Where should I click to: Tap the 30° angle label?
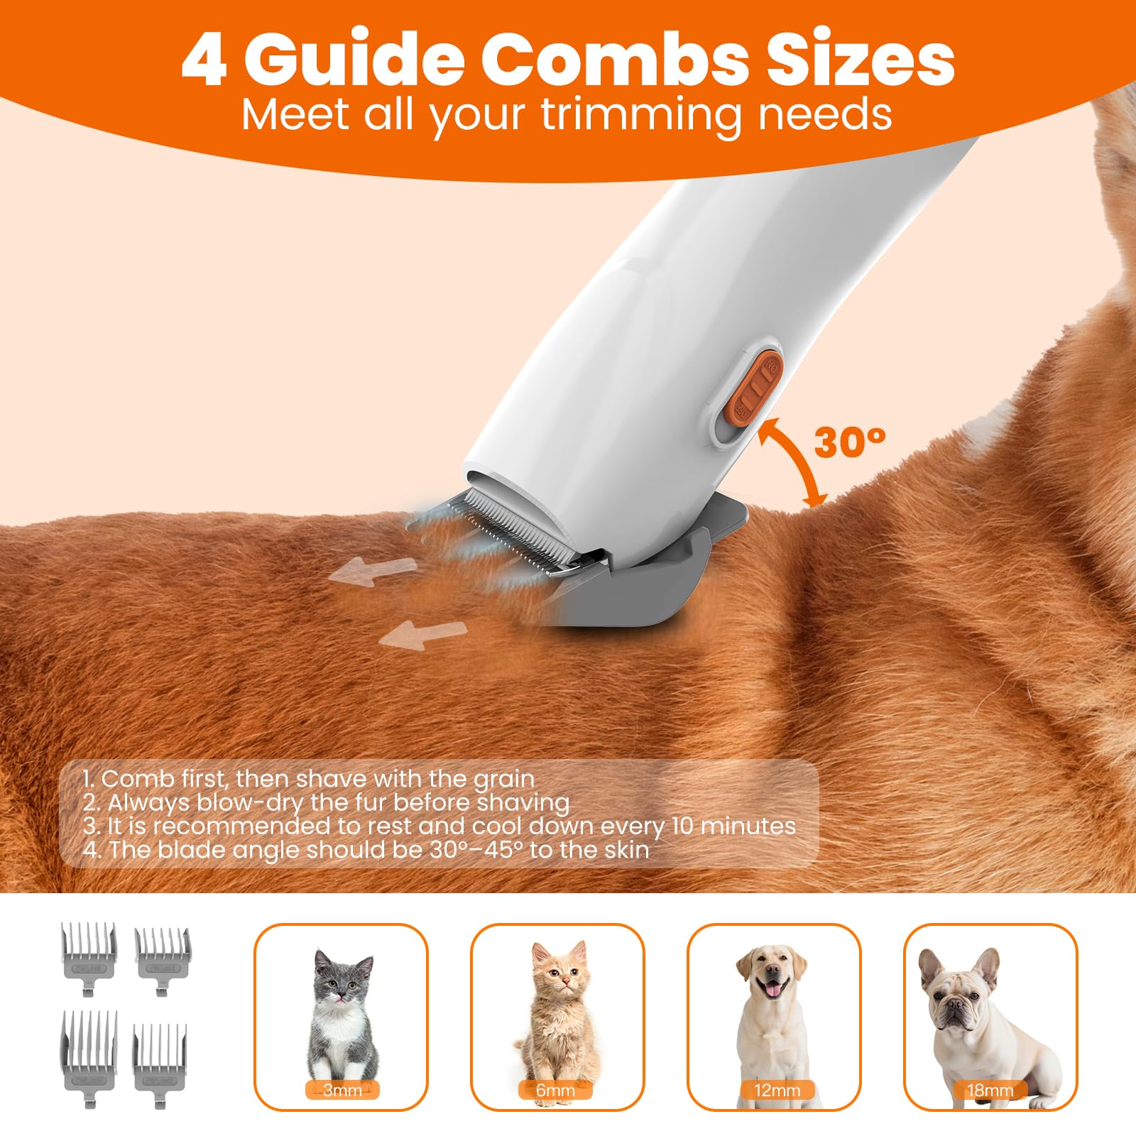849,442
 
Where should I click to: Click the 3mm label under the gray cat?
342,1090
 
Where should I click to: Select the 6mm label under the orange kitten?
556,1090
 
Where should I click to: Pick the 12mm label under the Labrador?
777,1090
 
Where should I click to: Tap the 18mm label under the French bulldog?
990,1090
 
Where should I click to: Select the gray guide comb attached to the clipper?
639,582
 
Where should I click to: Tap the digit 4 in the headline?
204,60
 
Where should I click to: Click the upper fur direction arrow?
373,570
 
